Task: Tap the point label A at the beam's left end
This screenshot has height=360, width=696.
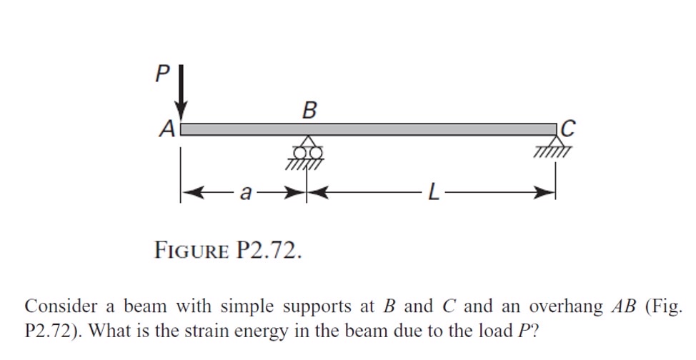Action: click(x=166, y=129)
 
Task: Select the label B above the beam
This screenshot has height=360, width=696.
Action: click(x=308, y=111)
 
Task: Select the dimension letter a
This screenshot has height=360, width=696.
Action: click(x=246, y=193)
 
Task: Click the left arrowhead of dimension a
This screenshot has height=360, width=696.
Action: click(x=188, y=192)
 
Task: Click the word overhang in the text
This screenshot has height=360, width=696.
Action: click(x=566, y=307)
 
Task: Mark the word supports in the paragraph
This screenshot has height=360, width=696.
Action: click(x=320, y=308)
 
